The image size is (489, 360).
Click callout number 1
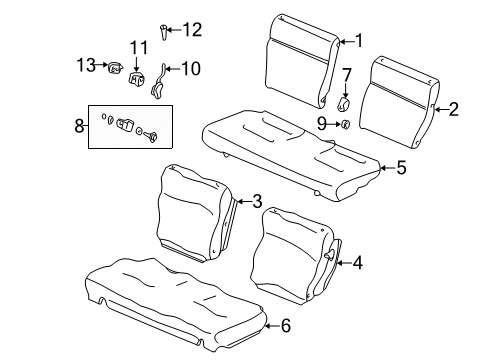[x=359, y=41]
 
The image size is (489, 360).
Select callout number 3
[x=257, y=201]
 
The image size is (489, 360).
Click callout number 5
[x=400, y=168]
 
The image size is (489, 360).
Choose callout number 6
[x=285, y=324]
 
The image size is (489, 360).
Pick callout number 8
[x=81, y=128]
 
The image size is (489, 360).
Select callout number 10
[x=189, y=69]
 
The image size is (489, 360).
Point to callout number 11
[x=138, y=47]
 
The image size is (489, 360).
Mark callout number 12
[x=191, y=29]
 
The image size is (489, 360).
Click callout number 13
[x=86, y=65]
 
